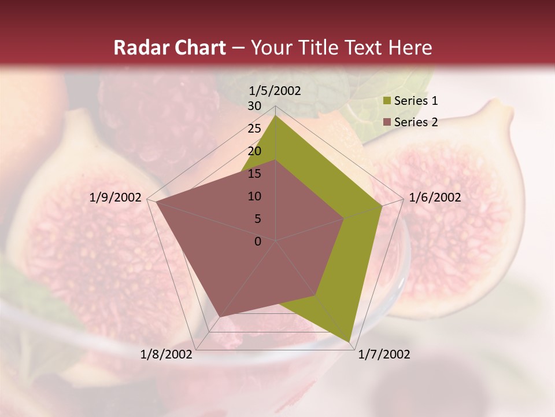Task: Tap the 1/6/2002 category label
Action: pyautogui.click(x=435, y=197)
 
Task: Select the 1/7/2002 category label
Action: pyautogui.click(x=384, y=354)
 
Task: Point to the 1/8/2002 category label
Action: pyautogui.click(x=166, y=354)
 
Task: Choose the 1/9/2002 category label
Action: pyautogui.click(x=116, y=197)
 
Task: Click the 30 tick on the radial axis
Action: pyautogui.click(x=254, y=106)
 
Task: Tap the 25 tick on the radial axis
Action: pyautogui.click(x=254, y=129)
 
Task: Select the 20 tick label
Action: pyautogui.click(x=254, y=151)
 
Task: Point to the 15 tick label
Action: pyautogui.click(x=254, y=174)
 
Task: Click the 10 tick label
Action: pyautogui.click(x=254, y=196)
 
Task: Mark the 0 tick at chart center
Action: pyautogui.click(x=258, y=242)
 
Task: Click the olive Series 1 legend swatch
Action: pyautogui.click(x=387, y=101)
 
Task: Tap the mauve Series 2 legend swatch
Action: pyautogui.click(x=387, y=122)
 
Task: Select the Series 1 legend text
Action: pyautogui.click(x=416, y=101)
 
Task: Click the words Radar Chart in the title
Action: pyautogui.click(x=169, y=48)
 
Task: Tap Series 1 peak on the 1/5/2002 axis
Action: pyautogui.click(x=276, y=115)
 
